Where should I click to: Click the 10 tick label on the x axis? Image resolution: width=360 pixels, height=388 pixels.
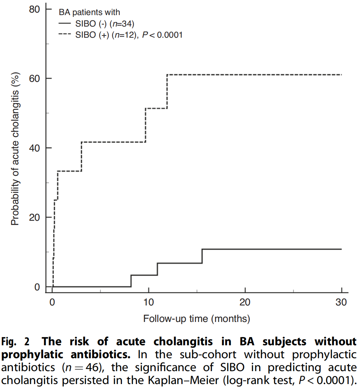point(148,302)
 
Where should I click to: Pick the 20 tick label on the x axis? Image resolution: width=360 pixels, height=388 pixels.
point(245,302)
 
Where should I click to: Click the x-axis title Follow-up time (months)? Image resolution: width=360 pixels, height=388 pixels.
point(196,318)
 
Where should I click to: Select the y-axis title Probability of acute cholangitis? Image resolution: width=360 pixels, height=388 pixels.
point(15,147)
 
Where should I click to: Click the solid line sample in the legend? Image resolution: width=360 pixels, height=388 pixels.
point(65,24)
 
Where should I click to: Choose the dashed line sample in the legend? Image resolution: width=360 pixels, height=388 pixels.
point(65,35)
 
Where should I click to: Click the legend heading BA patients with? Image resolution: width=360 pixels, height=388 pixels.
point(89,13)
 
